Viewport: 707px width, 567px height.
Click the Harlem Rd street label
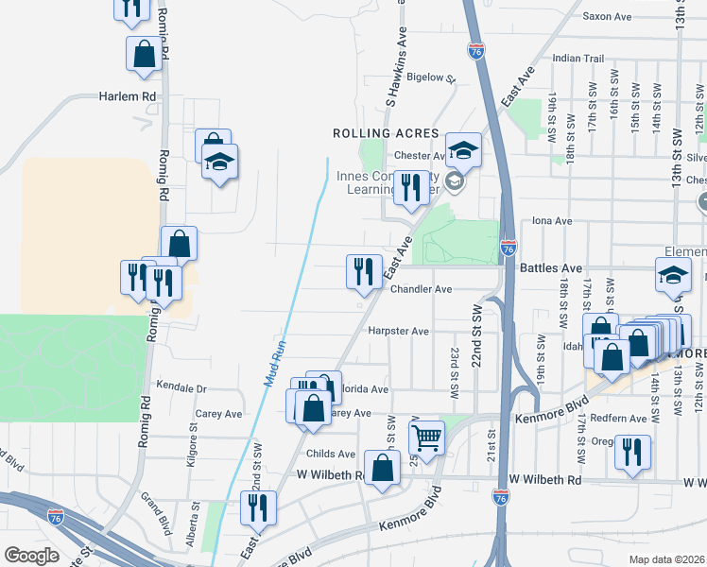point(128,96)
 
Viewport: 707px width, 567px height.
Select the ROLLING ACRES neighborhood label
point(386,133)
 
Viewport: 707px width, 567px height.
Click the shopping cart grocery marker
point(427,438)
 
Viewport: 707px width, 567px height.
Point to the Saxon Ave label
point(607,16)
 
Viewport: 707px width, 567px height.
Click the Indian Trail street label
point(578,59)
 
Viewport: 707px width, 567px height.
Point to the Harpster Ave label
point(400,332)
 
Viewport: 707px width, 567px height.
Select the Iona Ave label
point(553,220)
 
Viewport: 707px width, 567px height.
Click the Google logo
point(31,556)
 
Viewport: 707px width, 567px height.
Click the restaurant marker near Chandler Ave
point(364,271)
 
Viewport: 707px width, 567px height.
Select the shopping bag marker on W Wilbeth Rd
point(382,469)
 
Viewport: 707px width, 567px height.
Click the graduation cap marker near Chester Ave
point(464,149)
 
